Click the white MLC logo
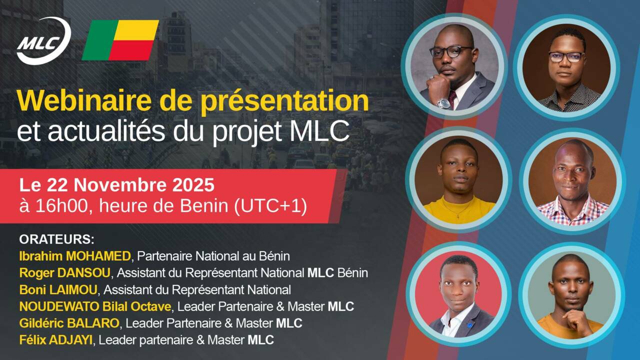[x=43, y=41]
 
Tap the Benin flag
[x=120, y=40]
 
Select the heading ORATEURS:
[x=56, y=238]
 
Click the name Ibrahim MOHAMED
[x=75, y=256]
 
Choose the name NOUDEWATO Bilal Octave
[x=95, y=306]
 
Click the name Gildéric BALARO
[x=69, y=323]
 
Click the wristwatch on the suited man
[x=443, y=102]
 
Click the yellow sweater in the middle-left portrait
[x=459, y=210]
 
